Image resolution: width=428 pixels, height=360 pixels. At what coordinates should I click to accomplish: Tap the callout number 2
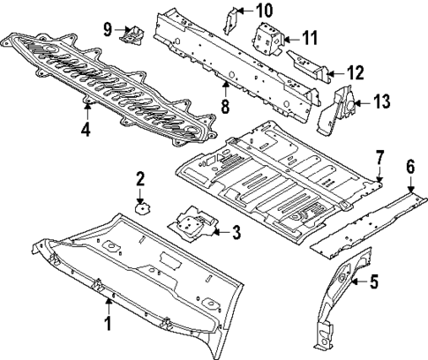[139, 180]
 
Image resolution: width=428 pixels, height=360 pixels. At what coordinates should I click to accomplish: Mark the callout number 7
[379, 158]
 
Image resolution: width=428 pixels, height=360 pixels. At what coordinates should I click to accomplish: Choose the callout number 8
[225, 105]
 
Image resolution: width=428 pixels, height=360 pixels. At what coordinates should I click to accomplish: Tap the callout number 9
[108, 28]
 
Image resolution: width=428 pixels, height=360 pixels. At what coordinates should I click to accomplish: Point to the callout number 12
[356, 71]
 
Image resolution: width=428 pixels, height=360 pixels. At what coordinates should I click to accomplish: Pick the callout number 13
[381, 103]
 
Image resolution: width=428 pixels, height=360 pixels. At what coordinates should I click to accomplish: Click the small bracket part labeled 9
[133, 34]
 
